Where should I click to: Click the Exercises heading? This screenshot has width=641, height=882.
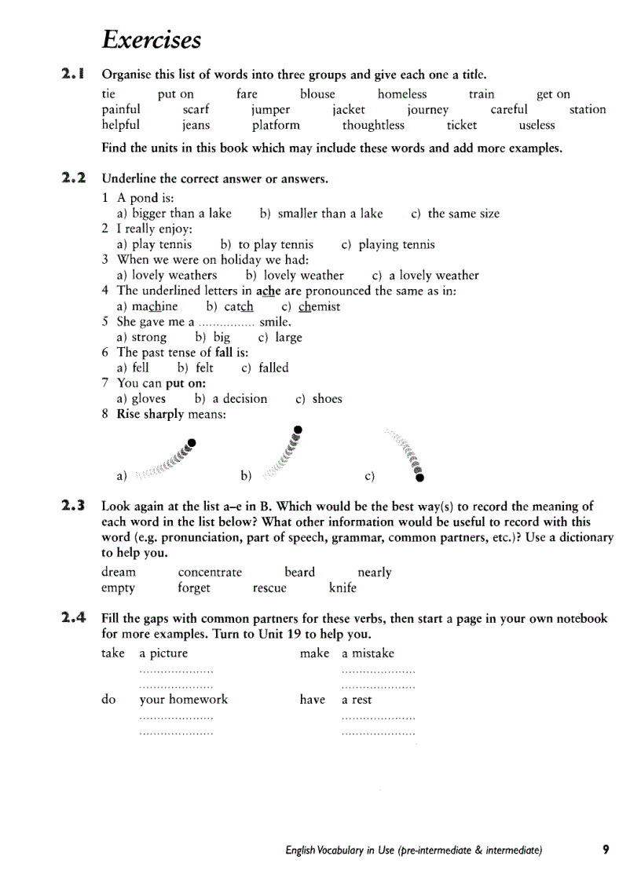pyautogui.click(x=152, y=39)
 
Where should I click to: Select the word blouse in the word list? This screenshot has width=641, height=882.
pyautogui.click(x=317, y=94)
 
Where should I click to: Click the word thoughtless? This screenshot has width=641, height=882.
pyautogui.click(x=373, y=125)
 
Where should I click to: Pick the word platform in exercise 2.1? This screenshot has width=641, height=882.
pyautogui.click(x=276, y=125)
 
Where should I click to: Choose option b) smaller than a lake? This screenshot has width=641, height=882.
pyautogui.click(x=321, y=214)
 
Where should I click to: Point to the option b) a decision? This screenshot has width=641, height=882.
pyautogui.click(x=231, y=399)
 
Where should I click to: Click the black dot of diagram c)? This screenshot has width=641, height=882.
pyautogui.click(x=420, y=477)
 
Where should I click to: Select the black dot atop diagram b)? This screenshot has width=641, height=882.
pyautogui.click(x=297, y=429)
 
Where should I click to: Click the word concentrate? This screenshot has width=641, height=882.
pyautogui.click(x=210, y=573)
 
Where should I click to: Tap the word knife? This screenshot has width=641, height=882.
pyautogui.click(x=342, y=588)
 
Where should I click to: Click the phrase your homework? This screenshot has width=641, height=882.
pyautogui.click(x=184, y=700)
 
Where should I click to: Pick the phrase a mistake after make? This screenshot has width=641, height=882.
pyautogui.click(x=368, y=653)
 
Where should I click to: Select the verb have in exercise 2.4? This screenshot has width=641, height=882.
pyautogui.click(x=312, y=700)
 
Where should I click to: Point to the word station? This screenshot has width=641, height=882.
pyautogui.click(x=588, y=110)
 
